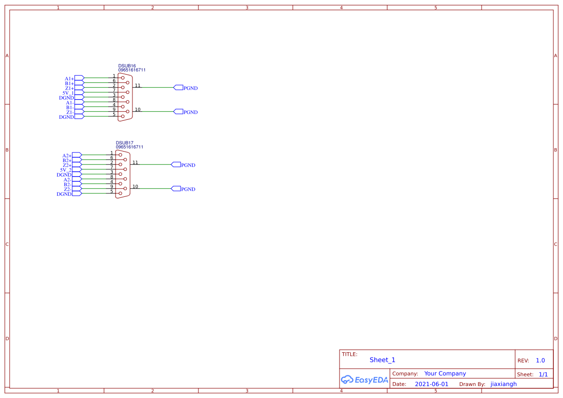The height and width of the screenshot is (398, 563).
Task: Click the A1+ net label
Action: click(69, 78)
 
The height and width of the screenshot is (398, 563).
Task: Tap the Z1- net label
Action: click(70, 112)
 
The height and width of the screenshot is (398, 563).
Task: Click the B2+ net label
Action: click(67, 160)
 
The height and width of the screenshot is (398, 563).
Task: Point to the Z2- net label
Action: click(67, 189)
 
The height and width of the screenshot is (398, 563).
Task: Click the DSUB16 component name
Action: click(127, 65)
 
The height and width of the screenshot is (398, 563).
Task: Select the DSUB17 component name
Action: click(125, 143)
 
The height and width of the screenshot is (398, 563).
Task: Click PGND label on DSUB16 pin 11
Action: click(191, 88)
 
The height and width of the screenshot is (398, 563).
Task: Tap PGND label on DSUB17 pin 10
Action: click(188, 189)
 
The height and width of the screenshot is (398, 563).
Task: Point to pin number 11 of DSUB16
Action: click(138, 86)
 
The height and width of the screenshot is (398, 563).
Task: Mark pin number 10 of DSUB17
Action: click(135, 187)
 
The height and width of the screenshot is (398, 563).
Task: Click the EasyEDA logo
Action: click(365, 380)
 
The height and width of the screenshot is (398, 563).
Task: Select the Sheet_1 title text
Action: click(382, 360)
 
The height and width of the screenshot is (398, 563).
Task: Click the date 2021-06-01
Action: click(432, 384)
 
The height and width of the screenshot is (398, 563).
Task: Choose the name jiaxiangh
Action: click(503, 384)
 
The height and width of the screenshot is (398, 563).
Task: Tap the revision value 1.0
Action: click(540, 360)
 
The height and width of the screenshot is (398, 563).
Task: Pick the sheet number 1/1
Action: click(543, 374)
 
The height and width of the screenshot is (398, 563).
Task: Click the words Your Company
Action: click(445, 373)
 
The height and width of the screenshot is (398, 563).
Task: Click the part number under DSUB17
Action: click(130, 147)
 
